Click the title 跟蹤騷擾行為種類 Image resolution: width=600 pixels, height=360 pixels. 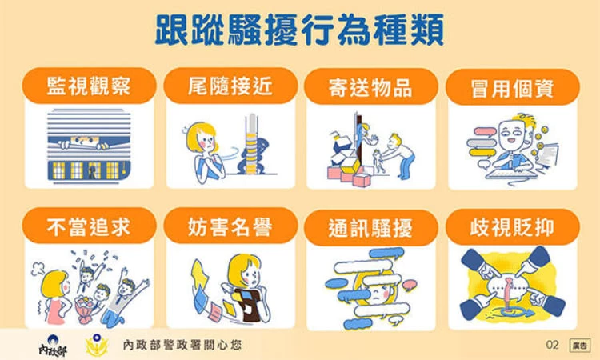[299, 30]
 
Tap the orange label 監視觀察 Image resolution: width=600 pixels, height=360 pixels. [89, 86]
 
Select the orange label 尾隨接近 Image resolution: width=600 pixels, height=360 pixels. [230, 86]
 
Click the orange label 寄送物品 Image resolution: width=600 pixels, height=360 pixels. [370, 86]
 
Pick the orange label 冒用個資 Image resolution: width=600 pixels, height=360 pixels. [512, 87]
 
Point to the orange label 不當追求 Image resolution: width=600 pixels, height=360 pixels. [89, 226]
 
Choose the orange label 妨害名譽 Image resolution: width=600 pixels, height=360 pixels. [230, 226]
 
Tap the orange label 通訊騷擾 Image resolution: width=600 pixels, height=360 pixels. [370, 228]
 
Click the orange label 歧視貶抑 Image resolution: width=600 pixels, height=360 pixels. [512, 227]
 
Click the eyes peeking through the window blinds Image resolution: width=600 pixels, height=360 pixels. [83, 141]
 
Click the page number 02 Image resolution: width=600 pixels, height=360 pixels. [552, 345]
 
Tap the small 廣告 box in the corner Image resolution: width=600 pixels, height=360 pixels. [579, 346]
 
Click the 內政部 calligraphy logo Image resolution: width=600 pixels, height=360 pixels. [53, 346]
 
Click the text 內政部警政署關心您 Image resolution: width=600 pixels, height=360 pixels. [182, 345]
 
